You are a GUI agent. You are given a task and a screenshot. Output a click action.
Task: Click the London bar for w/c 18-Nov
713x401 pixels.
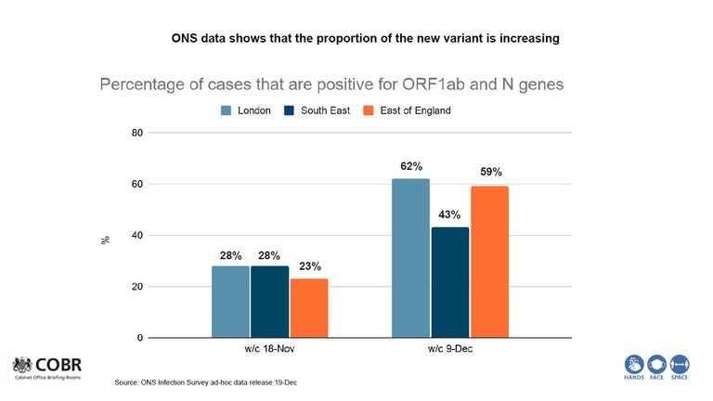coord(230,302)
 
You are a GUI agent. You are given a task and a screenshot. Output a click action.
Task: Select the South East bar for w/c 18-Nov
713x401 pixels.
coord(269,302)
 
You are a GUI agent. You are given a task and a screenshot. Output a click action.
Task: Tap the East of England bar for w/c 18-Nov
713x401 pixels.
coord(308,308)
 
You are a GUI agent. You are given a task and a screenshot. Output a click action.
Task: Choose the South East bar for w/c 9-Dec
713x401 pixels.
coord(450,282)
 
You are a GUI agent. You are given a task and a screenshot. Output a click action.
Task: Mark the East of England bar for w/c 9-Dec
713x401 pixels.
coord(489,262)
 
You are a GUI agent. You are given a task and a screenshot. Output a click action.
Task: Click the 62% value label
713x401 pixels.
coord(411,167)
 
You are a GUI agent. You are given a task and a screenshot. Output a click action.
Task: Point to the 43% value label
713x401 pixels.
coord(450,215)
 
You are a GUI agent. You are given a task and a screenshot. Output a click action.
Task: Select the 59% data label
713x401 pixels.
coord(490,173)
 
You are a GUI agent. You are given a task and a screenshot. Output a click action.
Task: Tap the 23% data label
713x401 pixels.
coord(309,266)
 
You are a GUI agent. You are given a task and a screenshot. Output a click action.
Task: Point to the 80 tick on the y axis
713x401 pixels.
coord(136,133)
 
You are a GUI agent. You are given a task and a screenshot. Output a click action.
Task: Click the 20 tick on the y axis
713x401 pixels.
coord(136,287)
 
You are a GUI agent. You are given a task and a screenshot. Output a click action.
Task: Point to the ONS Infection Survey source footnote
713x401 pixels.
coord(205,382)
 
